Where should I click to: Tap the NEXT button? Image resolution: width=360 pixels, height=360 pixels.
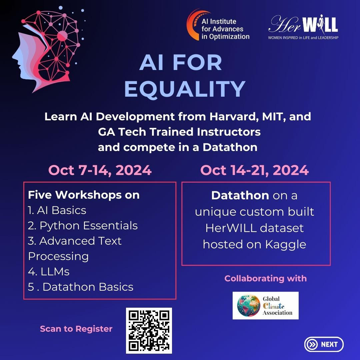point(324,344)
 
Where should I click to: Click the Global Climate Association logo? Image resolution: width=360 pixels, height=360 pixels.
point(265,306)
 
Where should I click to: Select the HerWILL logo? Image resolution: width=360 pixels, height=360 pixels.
point(303,27)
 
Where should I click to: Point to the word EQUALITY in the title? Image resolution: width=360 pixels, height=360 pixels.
point(185,89)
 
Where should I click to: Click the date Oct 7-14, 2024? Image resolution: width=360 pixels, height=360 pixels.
point(100,170)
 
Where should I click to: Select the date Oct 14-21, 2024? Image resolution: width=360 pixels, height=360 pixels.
point(254,170)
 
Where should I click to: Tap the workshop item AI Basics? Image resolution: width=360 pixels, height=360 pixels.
point(57,210)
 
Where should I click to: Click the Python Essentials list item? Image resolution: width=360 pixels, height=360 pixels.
point(83,226)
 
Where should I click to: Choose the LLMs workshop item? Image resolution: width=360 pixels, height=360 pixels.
point(49,272)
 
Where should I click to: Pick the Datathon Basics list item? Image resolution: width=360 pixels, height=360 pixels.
point(81,287)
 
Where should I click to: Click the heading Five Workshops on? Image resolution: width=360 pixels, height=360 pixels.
point(84,195)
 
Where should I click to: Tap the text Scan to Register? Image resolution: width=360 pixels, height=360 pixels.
point(76,329)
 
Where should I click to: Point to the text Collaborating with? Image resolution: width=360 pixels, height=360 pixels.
point(266,278)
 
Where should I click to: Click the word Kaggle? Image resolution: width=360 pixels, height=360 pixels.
point(286,245)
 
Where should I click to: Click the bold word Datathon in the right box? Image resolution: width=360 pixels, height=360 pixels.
point(240,196)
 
